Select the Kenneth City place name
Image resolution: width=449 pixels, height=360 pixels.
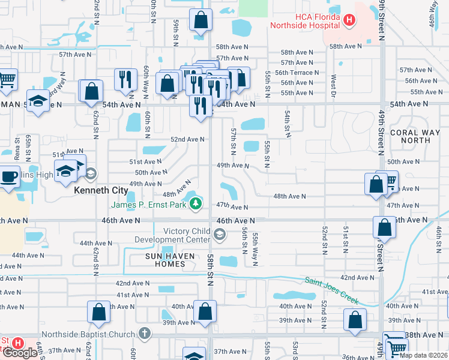101,190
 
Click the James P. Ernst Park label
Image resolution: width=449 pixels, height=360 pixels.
148,205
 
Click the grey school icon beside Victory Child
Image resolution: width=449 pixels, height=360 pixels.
220,235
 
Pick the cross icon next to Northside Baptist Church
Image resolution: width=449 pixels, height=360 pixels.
144,332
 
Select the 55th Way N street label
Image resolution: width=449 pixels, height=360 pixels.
255,242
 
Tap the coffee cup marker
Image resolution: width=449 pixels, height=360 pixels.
9,178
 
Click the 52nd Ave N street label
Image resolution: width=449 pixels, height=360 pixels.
187,139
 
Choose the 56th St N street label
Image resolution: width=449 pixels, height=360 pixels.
245,239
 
